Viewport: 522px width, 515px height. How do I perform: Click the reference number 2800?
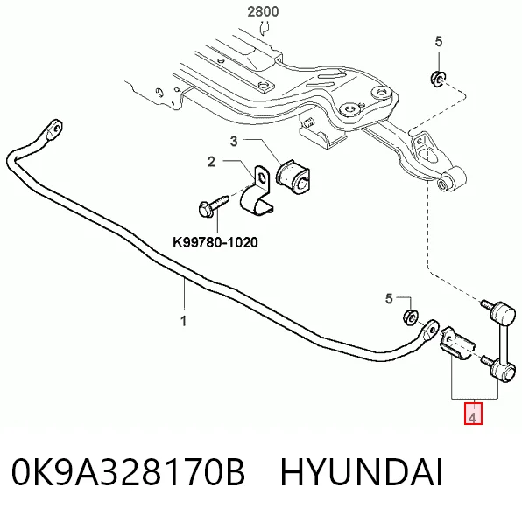[x=263, y=11]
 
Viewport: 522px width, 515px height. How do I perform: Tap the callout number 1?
[x=183, y=321]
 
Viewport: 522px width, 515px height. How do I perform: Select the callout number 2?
[x=211, y=162]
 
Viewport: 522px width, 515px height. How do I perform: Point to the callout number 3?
[x=234, y=142]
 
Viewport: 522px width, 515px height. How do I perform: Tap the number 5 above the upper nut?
[x=439, y=42]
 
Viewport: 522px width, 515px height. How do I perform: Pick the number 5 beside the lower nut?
[x=389, y=299]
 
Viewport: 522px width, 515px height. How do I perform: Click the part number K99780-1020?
[x=215, y=242]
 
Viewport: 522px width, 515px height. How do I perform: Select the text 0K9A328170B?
[x=129, y=472]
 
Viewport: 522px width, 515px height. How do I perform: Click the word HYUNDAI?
[x=362, y=472]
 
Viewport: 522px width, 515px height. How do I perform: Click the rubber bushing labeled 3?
[x=293, y=177]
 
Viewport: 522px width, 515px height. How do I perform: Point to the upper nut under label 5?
[x=437, y=79]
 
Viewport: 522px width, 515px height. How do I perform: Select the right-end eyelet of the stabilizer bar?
[x=430, y=330]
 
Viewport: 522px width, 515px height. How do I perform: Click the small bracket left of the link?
[x=457, y=344]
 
